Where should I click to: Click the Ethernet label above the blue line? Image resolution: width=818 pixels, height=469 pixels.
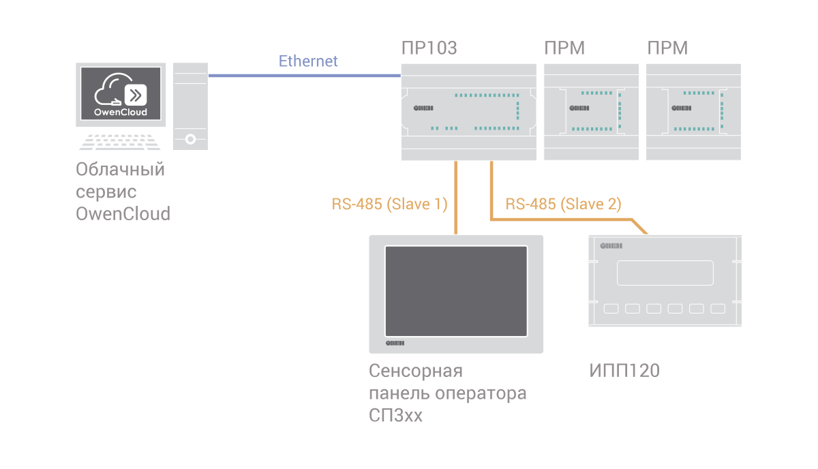(308, 61)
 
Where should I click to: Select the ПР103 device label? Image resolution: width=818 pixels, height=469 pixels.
(429, 48)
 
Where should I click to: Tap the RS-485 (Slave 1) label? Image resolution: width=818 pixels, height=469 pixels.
(389, 203)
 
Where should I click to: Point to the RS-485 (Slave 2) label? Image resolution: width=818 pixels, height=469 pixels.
(564, 203)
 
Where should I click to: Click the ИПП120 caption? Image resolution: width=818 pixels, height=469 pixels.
(624, 372)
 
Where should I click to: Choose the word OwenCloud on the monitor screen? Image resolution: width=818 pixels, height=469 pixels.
(120, 112)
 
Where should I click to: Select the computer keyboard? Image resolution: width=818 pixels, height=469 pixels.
(120, 142)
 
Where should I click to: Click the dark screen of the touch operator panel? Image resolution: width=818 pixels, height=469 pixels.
(456, 290)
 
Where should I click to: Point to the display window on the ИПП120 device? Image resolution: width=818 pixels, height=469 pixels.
(665, 273)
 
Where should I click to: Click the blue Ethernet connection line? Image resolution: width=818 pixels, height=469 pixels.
(303, 76)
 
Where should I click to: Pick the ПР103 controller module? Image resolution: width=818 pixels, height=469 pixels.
(468, 112)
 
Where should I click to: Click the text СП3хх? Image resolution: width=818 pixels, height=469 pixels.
(395, 415)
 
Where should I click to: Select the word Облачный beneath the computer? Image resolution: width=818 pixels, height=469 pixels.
(121, 168)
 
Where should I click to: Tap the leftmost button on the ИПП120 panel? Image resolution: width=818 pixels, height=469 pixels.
(611, 309)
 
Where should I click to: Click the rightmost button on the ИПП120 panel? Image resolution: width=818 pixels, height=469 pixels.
(717, 309)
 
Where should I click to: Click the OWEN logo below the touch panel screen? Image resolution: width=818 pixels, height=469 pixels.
(395, 344)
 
